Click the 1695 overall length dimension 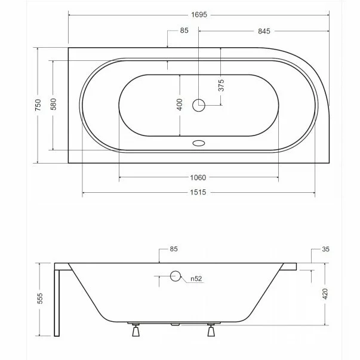point(199,15)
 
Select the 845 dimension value point(264,31)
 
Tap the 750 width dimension point(38,105)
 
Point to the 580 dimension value point(54,104)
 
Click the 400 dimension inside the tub point(180,104)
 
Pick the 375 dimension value point(221,85)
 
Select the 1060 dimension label point(198,178)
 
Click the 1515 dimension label point(198,192)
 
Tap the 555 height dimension point(40,299)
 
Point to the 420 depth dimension point(325,294)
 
